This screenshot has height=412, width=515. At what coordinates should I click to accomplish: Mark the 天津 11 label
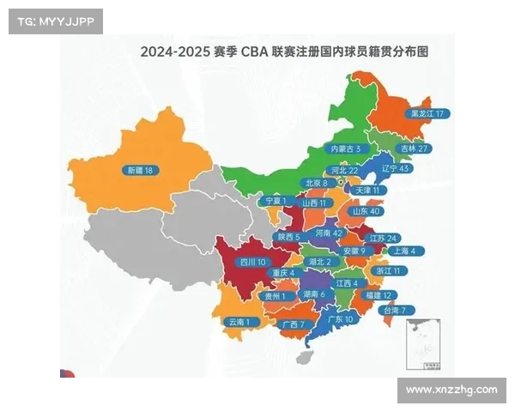pyautogui.click(x=369, y=190)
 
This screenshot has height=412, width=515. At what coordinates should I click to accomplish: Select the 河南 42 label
pyautogui.click(x=330, y=233)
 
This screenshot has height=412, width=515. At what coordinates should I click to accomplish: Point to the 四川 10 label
pyautogui.click(x=253, y=262)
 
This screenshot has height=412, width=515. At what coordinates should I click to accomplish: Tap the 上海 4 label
pyautogui.click(x=403, y=251)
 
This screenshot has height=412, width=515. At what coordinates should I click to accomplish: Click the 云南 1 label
pyautogui.click(x=239, y=322)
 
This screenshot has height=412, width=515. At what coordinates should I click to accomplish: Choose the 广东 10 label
pyautogui.click(x=341, y=318)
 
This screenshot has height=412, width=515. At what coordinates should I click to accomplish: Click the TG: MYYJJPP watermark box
pyautogui.click(x=56, y=21)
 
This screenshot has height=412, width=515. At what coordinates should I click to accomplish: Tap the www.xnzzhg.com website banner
pyautogui.click(x=451, y=390)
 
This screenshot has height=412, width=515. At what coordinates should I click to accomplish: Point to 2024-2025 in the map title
pyautogui.click(x=174, y=51)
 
